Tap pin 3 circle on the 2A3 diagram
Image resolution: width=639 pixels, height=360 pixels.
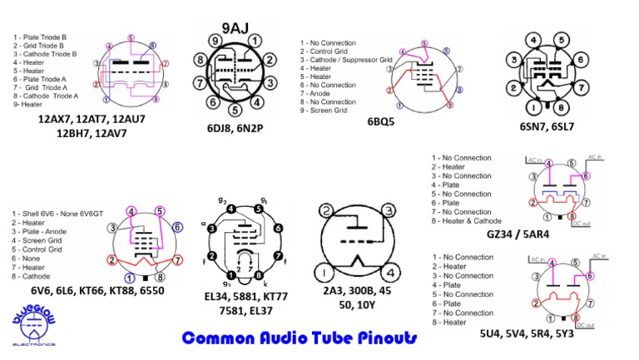(x=387, y=211)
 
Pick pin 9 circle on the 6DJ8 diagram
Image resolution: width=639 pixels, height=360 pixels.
(x=215, y=41)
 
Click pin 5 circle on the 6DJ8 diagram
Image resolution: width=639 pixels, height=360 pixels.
(x=235, y=108)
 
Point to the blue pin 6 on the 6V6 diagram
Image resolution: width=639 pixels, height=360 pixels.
(x=177, y=226)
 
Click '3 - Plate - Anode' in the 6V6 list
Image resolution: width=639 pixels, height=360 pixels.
(x=49, y=232)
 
